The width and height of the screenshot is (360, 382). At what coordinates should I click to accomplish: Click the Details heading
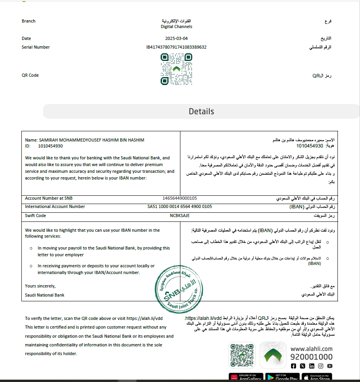(x=201, y=112)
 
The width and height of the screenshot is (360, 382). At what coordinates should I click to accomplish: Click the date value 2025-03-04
(x=176, y=39)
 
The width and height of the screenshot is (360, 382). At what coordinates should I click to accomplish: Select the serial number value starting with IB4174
(x=176, y=47)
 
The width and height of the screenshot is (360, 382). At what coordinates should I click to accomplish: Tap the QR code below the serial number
(x=176, y=69)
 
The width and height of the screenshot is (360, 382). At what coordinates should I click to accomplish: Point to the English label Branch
(x=28, y=21)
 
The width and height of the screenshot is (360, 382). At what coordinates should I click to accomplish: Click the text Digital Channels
(x=176, y=27)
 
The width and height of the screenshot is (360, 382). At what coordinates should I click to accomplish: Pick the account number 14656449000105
(x=180, y=198)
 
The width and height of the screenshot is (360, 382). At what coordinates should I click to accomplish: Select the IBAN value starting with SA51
(x=180, y=207)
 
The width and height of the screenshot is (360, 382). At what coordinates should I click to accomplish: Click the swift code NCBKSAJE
(x=180, y=216)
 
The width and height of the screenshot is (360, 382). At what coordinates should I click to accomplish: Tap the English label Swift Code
(x=35, y=216)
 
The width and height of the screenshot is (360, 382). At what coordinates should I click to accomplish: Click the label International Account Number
(x=55, y=207)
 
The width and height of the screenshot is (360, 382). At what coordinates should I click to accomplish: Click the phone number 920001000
(x=311, y=357)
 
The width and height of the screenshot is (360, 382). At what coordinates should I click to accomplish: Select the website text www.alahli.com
(x=311, y=349)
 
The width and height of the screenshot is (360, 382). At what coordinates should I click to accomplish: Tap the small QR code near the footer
(x=242, y=356)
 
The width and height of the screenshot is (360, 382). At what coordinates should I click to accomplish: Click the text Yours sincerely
(x=40, y=286)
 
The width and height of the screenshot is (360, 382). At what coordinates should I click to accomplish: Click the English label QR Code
(x=30, y=75)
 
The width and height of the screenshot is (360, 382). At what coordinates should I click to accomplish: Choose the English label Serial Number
(x=36, y=47)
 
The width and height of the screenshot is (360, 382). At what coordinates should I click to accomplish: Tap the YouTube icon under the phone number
(x=330, y=366)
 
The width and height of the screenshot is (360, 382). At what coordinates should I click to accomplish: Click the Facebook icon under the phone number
(x=294, y=366)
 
